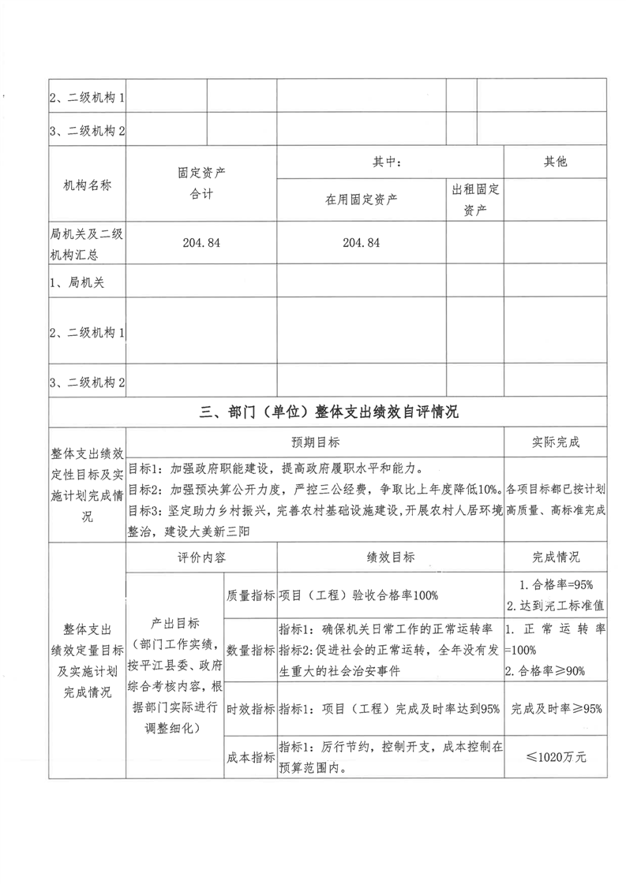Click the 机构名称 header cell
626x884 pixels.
tap(87, 186)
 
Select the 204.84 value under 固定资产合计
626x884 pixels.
tap(202, 244)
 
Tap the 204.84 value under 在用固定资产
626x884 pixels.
tap(361, 244)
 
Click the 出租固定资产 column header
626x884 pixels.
tap(474, 200)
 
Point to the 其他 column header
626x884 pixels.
tap(555, 162)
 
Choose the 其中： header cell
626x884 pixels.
tap(388, 162)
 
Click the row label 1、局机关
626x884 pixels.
tap(77, 283)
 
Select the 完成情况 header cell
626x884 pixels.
tap(555, 557)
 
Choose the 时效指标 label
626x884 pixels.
tap(250, 708)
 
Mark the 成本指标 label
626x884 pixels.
tap(250, 756)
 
